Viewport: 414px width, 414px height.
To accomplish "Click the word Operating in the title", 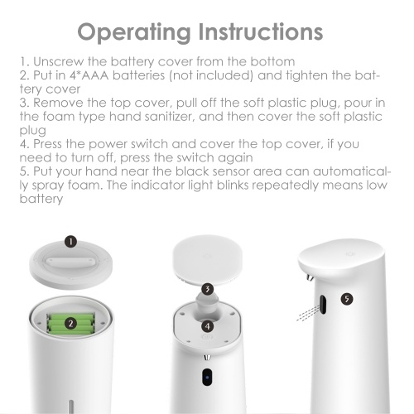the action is (134, 33).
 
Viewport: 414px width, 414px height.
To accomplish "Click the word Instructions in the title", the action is (261, 31).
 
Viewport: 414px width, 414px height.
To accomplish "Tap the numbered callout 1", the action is (71, 242).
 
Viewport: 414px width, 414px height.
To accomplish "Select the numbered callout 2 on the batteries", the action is (70, 323).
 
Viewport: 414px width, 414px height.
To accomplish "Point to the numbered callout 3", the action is (208, 289).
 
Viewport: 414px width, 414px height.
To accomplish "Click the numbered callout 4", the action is (208, 326).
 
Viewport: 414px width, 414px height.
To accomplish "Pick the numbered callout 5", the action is (347, 299).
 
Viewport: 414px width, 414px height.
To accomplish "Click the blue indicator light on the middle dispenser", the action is (207, 378).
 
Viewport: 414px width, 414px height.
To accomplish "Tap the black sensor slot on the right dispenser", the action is (323, 305).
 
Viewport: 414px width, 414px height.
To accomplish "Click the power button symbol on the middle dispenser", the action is (207, 337).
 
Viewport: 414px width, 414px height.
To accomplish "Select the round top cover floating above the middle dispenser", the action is (208, 258).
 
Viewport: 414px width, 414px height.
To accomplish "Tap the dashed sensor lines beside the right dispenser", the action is (308, 313).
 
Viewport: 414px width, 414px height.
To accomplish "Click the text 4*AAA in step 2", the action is (89, 75).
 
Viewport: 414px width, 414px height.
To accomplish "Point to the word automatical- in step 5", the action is (352, 171).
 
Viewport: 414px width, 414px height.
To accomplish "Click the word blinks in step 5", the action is (233, 185).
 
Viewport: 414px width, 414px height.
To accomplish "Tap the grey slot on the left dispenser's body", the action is (71, 407).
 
